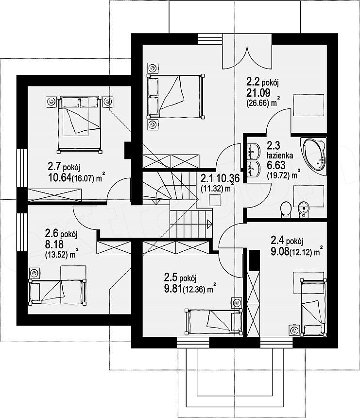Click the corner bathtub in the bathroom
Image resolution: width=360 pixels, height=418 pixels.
click(x=313, y=156)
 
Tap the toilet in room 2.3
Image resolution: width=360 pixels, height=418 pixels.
click(x=286, y=209)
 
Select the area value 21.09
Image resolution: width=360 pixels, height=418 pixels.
click(x=258, y=92)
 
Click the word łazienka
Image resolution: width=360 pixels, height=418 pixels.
click(x=280, y=155)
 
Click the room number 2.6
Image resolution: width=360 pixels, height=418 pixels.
click(x=51, y=234)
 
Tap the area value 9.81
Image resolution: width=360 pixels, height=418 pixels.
click(x=173, y=288)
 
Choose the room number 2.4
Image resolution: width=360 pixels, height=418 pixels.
click(x=277, y=241)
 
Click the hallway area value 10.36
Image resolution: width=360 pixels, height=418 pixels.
click(x=228, y=177)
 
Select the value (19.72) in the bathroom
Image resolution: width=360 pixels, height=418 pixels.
click(x=278, y=175)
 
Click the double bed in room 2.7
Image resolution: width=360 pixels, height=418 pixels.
click(x=80, y=124)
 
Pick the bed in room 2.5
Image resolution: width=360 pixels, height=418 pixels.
click(x=213, y=321)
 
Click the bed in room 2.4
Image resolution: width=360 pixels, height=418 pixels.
click(x=313, y=307)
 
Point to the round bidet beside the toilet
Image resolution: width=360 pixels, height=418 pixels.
click(x=303, y=209)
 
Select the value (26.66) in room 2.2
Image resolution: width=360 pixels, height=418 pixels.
click(x=257, y=103)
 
